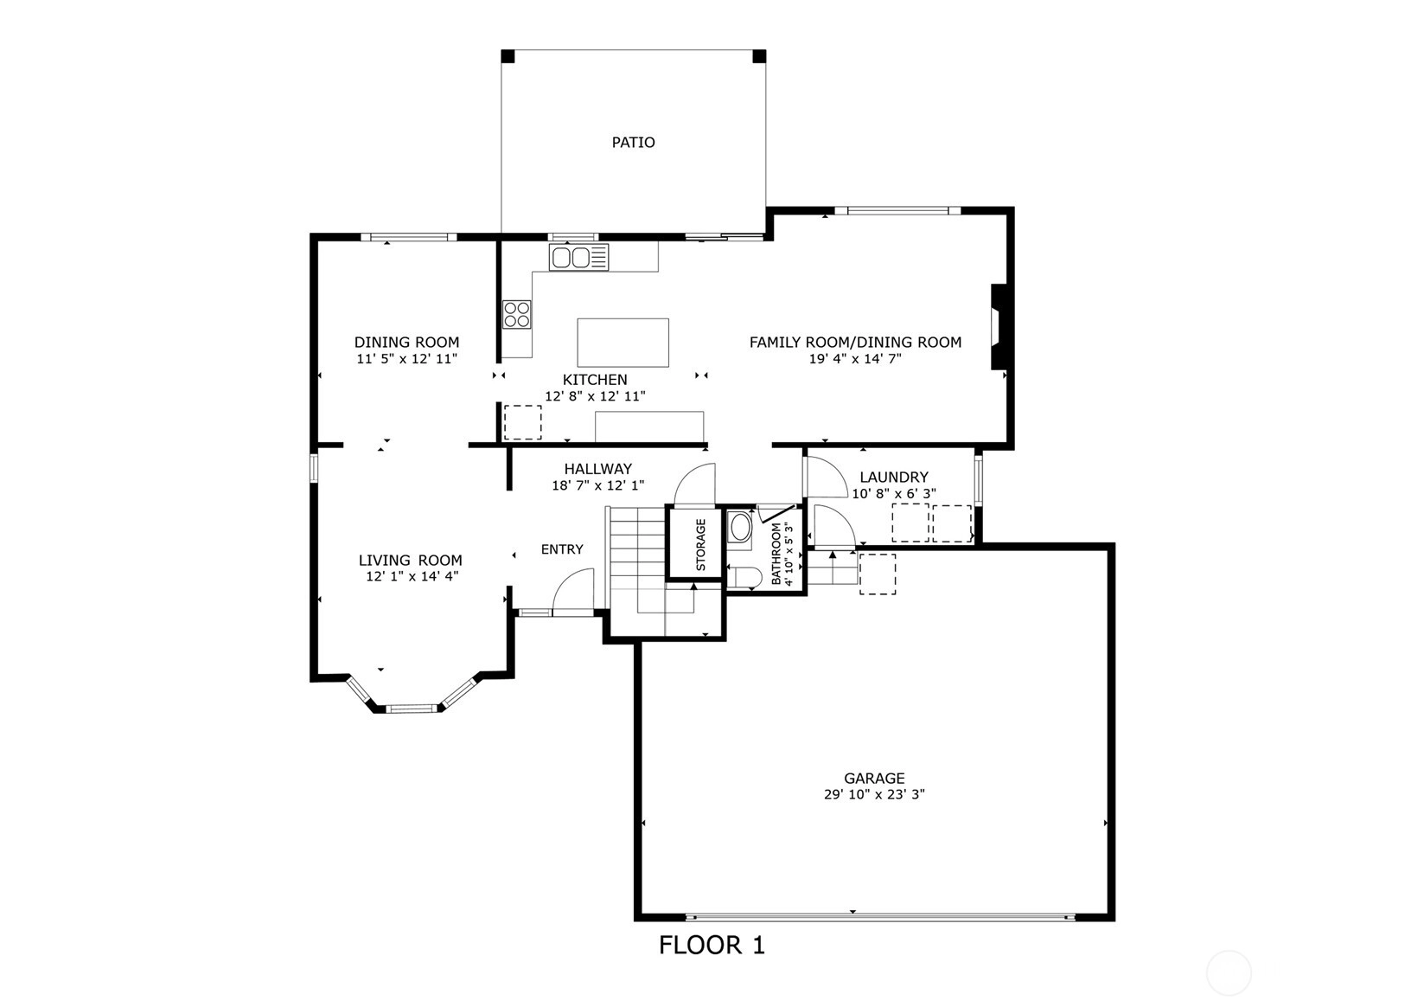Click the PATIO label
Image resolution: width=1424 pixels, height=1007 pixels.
[x=633, y=143]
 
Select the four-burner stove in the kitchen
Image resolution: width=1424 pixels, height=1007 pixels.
[x=517, y=314]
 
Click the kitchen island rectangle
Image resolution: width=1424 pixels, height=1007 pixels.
[x=623, y=343]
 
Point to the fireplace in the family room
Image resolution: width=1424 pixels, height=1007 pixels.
[x=999, y=326]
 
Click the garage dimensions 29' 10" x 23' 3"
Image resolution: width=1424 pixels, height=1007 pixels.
[x=874, y=794]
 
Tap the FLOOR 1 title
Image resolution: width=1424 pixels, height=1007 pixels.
[x=712, y=946]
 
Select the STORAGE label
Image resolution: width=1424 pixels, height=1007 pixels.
[x=700, y=544]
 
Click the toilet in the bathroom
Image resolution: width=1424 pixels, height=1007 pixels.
[x=744, y=577]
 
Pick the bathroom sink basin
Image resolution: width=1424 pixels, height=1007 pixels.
[x=740, y=528]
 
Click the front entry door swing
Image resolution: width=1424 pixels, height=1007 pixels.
[x=573, y=590]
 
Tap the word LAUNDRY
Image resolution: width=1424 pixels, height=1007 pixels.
[x=894, y=477]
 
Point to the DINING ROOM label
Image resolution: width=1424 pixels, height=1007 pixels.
[x=407, y=343]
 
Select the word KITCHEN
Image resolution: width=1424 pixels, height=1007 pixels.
[x=595, y=380]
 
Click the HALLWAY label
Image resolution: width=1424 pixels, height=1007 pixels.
[x=598, y=469]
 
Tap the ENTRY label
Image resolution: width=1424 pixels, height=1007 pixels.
[x=562, y=549]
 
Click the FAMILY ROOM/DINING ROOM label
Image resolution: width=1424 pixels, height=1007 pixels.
[x=855, y=343]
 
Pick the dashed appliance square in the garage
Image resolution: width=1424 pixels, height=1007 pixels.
[x=878, y=574]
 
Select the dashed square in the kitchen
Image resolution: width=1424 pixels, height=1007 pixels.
[x=522, y=422]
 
